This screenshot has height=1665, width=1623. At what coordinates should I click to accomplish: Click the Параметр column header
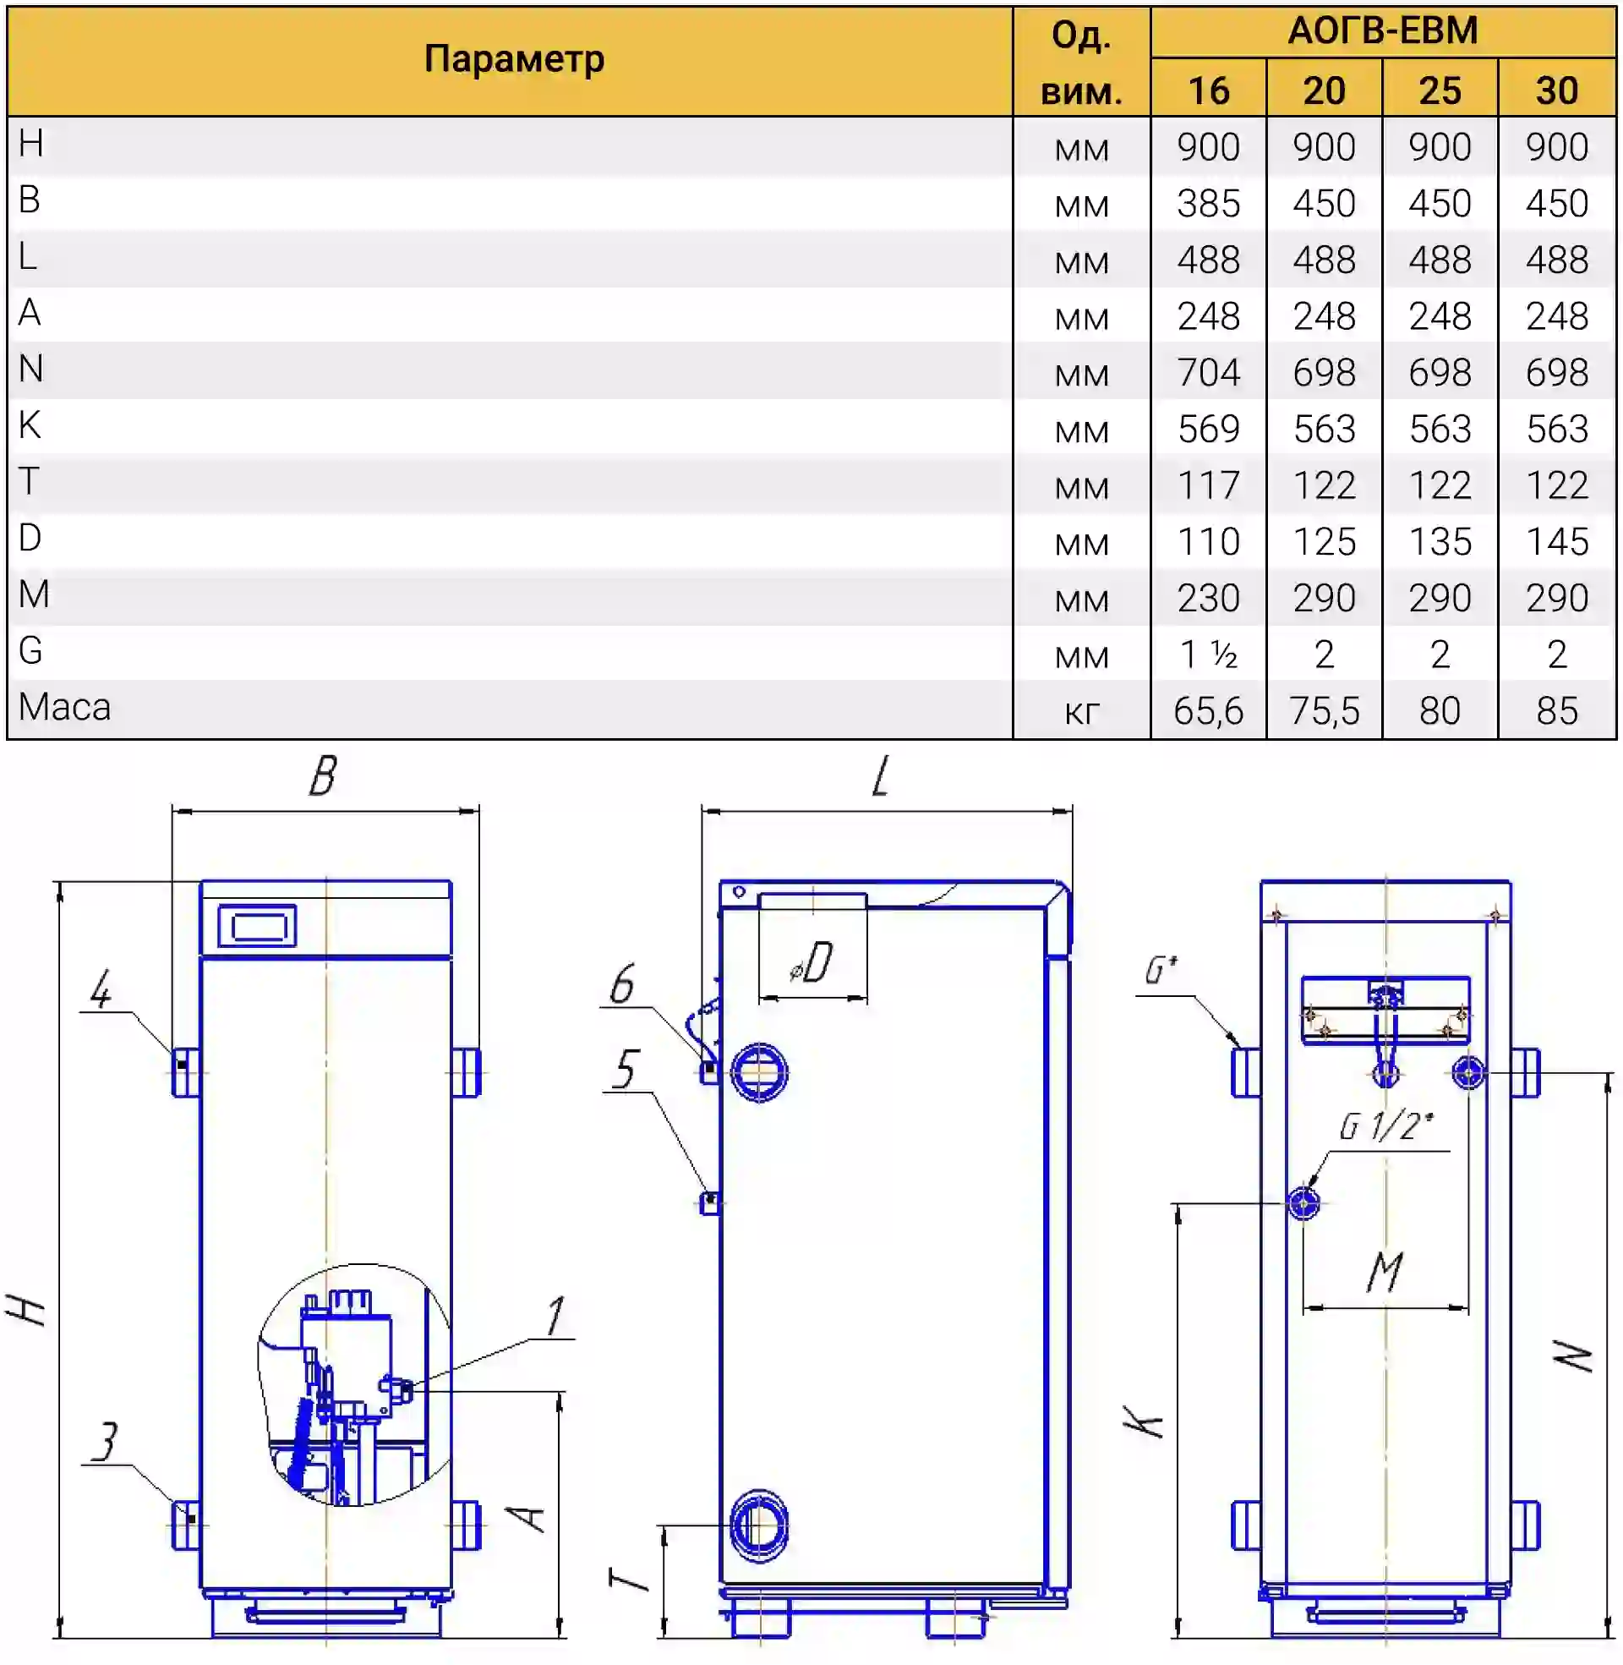514,59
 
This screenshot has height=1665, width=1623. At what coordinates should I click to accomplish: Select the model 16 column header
1209,90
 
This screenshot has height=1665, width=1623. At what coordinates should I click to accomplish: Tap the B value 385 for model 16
1209,204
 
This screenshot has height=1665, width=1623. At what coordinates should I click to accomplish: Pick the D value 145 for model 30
1556,542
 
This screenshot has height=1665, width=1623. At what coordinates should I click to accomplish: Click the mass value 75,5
1324,711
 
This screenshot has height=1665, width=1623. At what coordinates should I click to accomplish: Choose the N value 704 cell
1209,373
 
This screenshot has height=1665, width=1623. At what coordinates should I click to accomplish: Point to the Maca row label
65,708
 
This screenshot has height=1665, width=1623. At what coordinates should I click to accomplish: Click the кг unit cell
1082,713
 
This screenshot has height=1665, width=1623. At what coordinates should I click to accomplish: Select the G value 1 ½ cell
1209,654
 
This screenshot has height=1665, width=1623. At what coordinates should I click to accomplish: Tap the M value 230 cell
1209,599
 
